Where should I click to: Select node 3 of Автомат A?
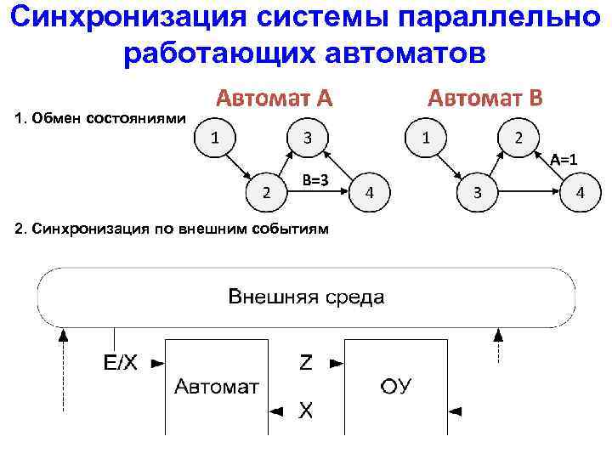coord(306,137)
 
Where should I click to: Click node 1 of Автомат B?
coord(426,137)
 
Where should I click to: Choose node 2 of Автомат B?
coord(519,137)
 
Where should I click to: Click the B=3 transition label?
coord(315,178)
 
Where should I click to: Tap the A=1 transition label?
coord(564,158)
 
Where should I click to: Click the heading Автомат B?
coord(484,98)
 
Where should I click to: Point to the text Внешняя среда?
coord(306,297)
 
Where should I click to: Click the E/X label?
coord(120,363)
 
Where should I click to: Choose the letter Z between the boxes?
coord(305,363)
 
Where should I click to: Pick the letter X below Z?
coord(305,411)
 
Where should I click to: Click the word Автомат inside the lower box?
coord(217,388)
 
